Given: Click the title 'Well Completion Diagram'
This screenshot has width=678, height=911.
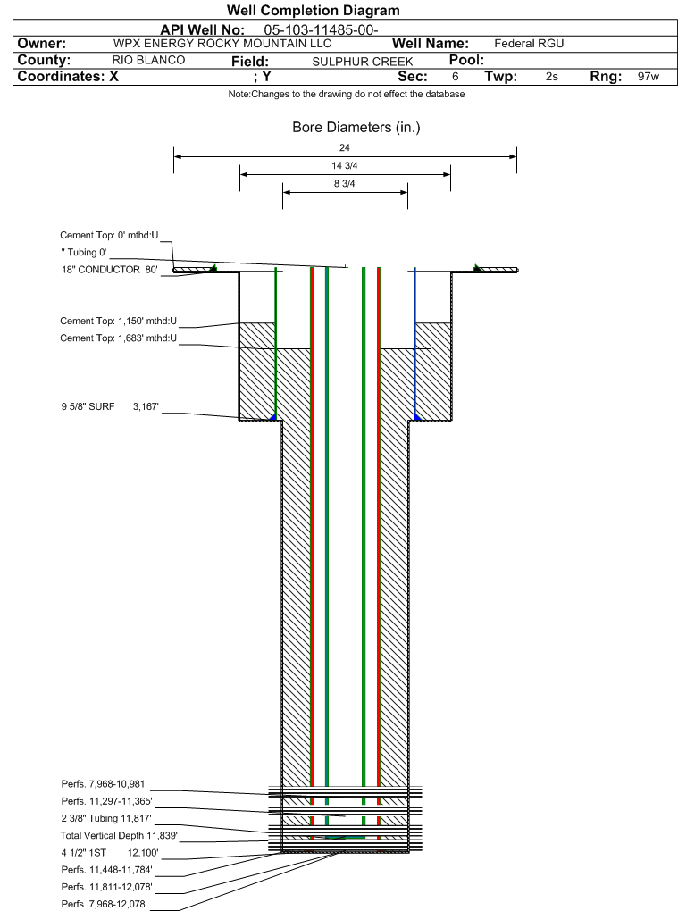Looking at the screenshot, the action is [314, 11].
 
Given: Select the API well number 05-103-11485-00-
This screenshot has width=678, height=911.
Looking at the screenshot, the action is [322, 30].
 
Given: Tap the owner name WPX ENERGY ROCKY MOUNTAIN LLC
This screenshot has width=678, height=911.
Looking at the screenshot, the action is [222, 44].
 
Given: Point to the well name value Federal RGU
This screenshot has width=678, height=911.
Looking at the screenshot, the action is [529, 44].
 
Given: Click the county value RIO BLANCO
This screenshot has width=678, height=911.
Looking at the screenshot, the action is [148, 60].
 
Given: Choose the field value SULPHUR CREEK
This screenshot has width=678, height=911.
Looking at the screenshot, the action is [363, 62].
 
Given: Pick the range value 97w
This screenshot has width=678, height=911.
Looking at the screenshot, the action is [649, 76].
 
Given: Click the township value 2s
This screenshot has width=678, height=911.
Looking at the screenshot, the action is [552, 76].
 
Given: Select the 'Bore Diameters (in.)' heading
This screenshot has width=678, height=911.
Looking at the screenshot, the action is [356, 127].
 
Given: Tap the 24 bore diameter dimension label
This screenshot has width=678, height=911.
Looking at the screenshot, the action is [345, 147].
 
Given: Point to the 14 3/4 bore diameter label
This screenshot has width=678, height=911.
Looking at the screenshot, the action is [345, 165].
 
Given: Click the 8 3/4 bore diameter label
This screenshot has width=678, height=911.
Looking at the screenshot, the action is [345, 184].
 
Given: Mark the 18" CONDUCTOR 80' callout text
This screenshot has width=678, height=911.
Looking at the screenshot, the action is [110, 270].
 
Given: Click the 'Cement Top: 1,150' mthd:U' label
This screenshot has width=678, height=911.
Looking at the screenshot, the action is [119, 321].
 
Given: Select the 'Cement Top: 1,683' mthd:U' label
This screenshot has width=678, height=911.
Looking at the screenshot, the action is [119, 338].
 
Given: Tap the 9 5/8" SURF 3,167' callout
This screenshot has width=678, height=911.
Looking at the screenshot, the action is [110, 406].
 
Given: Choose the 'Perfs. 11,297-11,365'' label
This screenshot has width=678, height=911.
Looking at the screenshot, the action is [107, 801].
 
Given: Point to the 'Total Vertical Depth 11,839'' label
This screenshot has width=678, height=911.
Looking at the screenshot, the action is [119, 835].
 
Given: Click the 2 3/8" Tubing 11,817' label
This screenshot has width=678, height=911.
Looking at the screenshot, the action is [106, 819].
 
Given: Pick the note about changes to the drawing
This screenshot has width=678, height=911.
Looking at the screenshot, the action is [347, 94].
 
